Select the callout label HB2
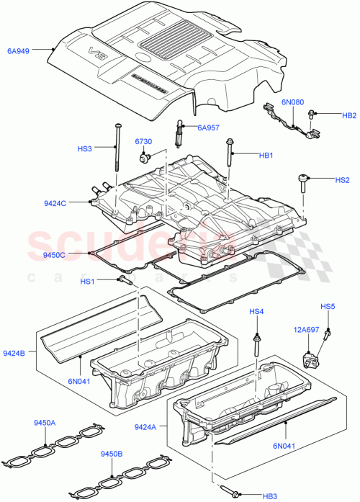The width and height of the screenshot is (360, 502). [x=348, y=115]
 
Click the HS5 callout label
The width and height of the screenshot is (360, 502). [x=328, y=307]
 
